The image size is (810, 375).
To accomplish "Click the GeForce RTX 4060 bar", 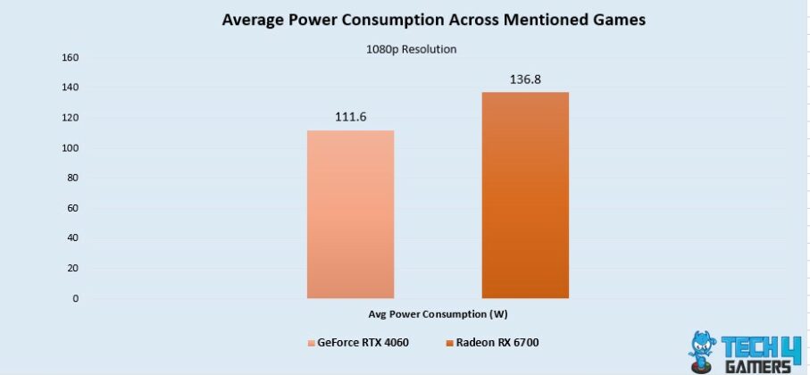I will (350, 214).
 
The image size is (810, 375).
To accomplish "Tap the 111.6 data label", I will (350, 117).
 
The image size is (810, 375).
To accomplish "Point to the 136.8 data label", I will (525, 79).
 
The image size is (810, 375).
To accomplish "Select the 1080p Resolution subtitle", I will (412, 50).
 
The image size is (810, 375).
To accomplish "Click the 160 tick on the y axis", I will (70, 58).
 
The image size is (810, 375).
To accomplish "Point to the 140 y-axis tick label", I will (70, 87).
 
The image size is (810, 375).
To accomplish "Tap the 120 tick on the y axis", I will (70, 118).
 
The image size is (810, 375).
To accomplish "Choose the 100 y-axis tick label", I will (70, 148).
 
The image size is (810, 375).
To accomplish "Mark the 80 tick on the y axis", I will (72, 178).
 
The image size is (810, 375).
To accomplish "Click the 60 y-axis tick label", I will (72, 208).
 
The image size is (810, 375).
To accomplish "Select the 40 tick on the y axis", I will (72, 238).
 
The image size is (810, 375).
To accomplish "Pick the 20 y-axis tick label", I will (72, 268).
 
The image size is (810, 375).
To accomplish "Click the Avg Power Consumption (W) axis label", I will (438, 314).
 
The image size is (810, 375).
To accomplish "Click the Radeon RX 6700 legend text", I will (497, 343).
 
